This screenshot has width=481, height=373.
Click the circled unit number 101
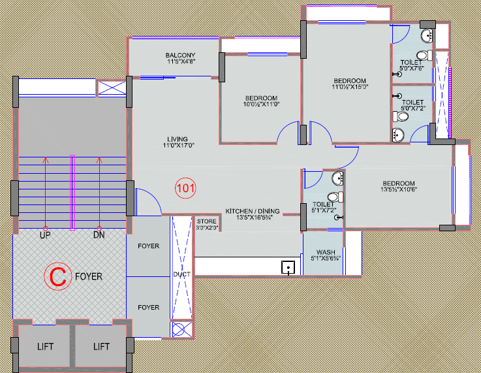coord(185,188)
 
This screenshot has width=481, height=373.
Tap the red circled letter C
coord(57,276)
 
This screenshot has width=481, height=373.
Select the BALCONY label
coord(180,56)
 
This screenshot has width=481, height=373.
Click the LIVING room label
coord(178,139)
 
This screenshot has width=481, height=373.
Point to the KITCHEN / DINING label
coord(253,211)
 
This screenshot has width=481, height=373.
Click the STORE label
coord(206,221)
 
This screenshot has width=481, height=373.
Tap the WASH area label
coord(326,252)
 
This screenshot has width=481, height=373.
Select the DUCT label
coord(182,274)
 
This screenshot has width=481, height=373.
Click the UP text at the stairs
coord(45,235)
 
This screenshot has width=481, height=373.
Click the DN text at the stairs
coord(99,235)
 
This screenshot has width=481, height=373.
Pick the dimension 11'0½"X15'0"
coord(350,87)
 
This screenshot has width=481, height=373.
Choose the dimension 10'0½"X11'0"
coord(261,105)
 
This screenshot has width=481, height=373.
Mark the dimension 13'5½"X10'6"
coord(399,189)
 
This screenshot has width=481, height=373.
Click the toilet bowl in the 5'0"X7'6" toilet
coord(425,56)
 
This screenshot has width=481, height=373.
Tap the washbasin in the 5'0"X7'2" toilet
coord(398,135)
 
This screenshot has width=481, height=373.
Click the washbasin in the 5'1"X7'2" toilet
coord(337,178)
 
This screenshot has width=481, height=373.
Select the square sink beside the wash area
coord(288,267)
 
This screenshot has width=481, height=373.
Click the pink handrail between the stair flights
coord(72,193)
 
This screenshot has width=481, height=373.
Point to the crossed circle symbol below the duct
coord(178,329)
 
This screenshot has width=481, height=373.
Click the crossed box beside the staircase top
coord(112,88)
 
